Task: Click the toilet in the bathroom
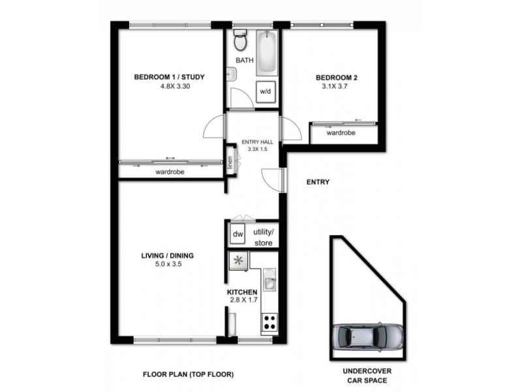pyautogui.click(x=239, y=42)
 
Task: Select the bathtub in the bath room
pyautogui.click(x=266, y=52)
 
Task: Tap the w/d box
pyautogui.click(x=266, y=92)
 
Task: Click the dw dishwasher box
pyautogui.click(x=238, y=233)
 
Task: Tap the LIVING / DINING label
pyautogui.click(x=168, y=255)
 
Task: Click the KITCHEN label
pyautogui.click(x=242, y=291)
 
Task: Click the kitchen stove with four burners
pyautogui.click(x=269, y=321)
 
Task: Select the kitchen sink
pyautogui.click(x=270, y=282)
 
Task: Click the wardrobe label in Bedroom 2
pyautogui.click(x=341, y=133)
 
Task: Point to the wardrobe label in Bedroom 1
pyautogui.click(x=170, y=172)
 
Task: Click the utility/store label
pyautogui.click(x=264, y=237)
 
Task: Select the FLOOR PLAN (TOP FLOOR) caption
pyautogui.click(x=188, y=374)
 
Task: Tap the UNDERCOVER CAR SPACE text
pyautogui.click(x=367, y=375)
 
